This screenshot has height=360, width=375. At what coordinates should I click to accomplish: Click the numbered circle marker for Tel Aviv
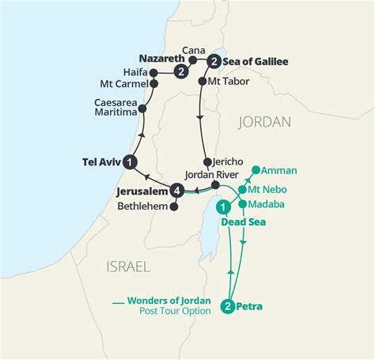click(131, 161)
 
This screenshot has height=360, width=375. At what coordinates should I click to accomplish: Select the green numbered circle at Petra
click(228, 306)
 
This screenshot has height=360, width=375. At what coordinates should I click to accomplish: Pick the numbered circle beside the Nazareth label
click(182, 72)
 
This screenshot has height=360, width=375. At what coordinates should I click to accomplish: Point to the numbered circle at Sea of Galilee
click(213, 61)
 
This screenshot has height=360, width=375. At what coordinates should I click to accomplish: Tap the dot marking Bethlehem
click(175, 207)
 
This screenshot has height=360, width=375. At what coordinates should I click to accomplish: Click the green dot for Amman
click(256, 170)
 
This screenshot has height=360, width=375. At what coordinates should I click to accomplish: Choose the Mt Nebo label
click(267, 189)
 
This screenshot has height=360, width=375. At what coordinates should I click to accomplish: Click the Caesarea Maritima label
click(117, 108)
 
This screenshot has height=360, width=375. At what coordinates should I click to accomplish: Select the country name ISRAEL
click(127, 267)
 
